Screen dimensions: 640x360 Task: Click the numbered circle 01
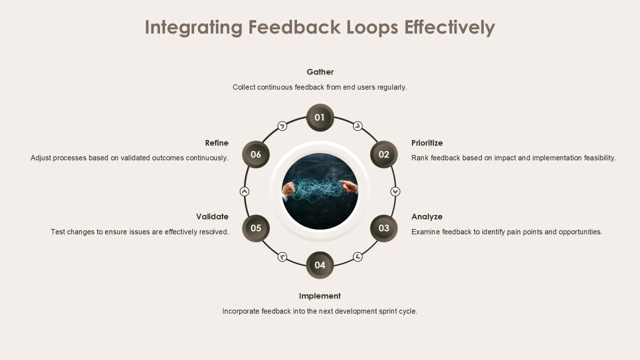[320, 117]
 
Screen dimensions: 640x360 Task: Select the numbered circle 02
[384, 154]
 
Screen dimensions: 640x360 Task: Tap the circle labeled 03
[384, 228]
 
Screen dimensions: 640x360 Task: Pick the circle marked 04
[320, 265]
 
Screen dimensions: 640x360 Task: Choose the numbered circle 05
[255, 228]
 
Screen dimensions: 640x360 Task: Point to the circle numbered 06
[255, 154]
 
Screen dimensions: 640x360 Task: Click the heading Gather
[320, 72]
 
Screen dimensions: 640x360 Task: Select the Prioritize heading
[427, 143]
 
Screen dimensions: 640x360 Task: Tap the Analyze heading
[427, 217]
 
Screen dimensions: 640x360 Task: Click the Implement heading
[320, 296]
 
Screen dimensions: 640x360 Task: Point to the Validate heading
[212, 217]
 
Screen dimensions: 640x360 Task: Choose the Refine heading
[217, 143]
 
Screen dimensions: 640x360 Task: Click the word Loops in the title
[372, 27]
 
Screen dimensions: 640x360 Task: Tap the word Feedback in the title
[294, 27]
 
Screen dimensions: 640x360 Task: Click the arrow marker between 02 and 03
[395, 191]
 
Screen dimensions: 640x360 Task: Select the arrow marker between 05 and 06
[244, 191]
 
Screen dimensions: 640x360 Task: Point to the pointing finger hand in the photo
[348, 186]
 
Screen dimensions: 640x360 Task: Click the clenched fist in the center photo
[288, 189]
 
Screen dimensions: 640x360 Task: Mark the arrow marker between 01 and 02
[357, 126]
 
